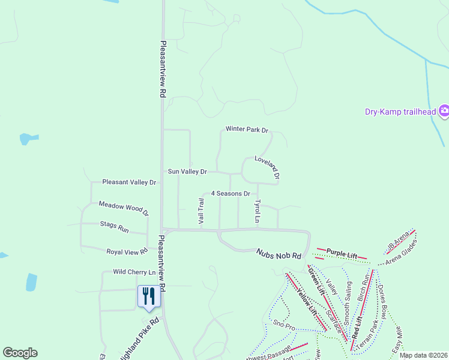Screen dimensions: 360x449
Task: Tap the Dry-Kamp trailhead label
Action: (400, 111)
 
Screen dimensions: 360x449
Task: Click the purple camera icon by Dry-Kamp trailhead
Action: (444, 110)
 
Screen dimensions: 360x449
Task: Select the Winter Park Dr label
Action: (247, 129)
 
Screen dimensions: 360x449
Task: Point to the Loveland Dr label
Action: (267, 167)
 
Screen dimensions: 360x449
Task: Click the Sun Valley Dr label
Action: (187, 172)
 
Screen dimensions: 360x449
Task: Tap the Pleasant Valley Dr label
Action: (129, 182)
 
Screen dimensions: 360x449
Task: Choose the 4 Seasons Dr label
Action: (231, 194)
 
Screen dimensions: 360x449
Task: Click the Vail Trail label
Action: (201, 211)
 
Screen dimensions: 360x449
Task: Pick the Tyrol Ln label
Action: (258, 212)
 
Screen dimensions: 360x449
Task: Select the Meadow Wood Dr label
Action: (124, 208)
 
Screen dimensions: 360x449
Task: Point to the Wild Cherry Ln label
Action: (134, 272)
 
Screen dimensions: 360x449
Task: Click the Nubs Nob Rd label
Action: (279, 255)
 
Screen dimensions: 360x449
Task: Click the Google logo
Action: (20, 353)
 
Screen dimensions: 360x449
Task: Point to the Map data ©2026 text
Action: (422, 355)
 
